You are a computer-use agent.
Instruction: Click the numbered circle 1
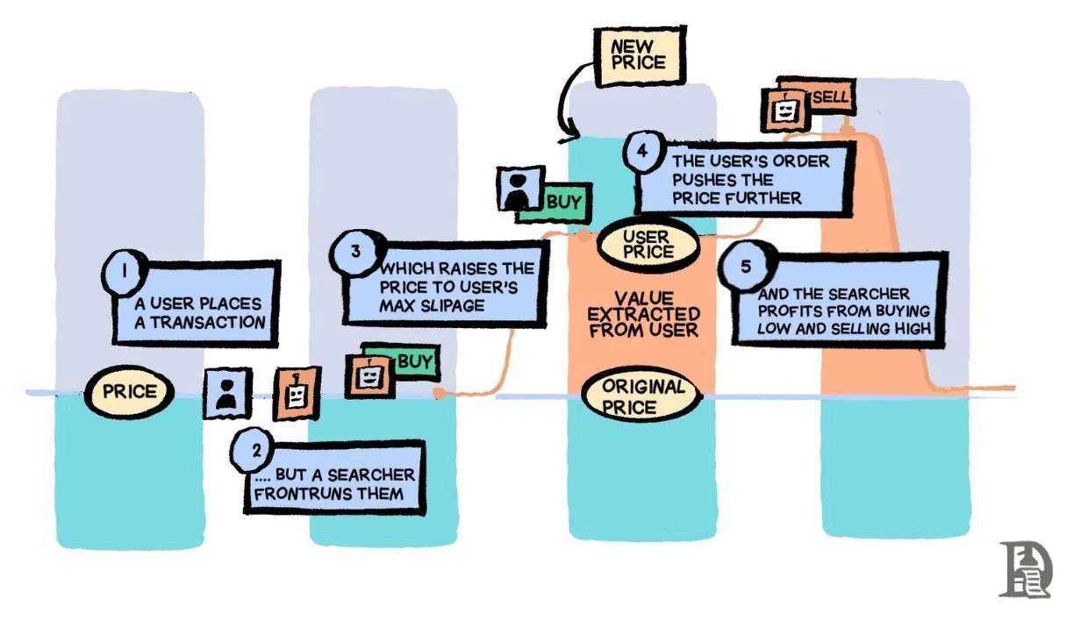pos(125,269)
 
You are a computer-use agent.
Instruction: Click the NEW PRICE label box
pos(638,55)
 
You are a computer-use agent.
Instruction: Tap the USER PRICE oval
pos(648,244)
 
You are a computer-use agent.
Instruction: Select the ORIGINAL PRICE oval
pos(642,396)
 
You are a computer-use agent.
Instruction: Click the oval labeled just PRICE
pos(129,392)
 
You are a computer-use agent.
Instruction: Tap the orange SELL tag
pos(831,97)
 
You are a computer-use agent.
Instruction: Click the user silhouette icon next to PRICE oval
pos(228,393)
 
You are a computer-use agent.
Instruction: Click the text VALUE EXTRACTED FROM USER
pos(644,314)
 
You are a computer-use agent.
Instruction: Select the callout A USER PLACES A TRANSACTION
pos(197,312)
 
